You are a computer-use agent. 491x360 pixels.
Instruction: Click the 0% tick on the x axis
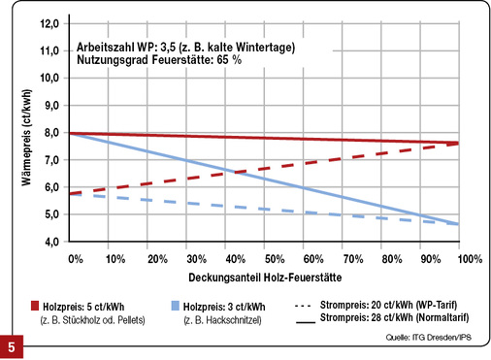(x=76, y=259)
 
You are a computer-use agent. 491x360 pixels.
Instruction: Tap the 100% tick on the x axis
(x=470, y=259)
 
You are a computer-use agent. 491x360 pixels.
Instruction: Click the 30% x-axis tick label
(x=194, y=259)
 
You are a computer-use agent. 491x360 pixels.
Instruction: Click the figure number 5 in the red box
(x=12, y=345)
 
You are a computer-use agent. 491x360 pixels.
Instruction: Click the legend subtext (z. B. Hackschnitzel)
(x=221, y=319)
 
